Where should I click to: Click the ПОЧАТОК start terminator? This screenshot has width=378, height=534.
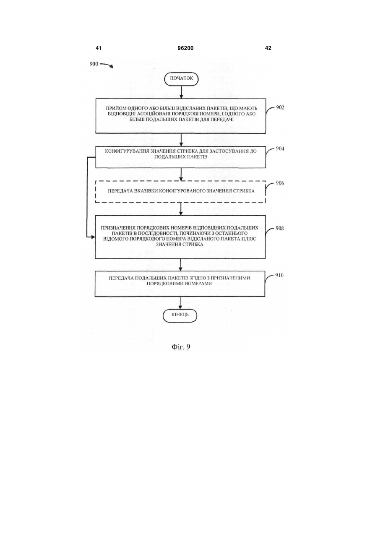click(181, 79)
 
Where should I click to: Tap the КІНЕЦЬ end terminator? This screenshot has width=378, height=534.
click(180, 316)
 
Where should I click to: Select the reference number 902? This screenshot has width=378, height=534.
click(280, 107)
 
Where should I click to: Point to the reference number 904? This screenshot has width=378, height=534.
click(280, 149)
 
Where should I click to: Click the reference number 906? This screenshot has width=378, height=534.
click(280, 183)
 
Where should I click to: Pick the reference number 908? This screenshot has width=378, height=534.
click(279, 228)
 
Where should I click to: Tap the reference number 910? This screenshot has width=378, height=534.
click(279, 275)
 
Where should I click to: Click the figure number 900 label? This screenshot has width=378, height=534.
click(94, 64)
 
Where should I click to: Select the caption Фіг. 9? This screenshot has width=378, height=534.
click(181, 347)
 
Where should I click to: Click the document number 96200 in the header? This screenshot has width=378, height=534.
click(185, 48)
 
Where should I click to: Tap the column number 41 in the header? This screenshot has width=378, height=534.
click(99, 48)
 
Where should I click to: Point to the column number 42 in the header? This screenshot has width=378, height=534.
click(268, 48)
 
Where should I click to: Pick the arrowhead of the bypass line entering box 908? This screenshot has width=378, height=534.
click(93, 237)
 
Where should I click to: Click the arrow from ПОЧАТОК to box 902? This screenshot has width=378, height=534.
click(181, 92)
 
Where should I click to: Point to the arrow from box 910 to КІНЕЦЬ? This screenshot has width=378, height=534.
click(180, 303)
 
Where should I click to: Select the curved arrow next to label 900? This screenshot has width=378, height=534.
click(107, 65)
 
